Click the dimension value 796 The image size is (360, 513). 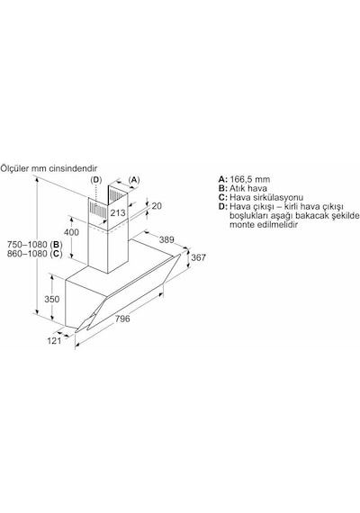[x=122, y=319]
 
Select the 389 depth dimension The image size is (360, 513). [x=166, y=239]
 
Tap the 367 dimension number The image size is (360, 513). [x=198, y=257]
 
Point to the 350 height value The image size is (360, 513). [x=52, y=299]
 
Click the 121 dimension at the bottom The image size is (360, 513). [x=54, y=341]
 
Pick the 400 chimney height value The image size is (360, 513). [x=71, y=232]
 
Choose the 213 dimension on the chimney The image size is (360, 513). [x=118, y=213]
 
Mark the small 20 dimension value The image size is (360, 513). [x=157, y=206]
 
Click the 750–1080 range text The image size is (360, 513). [x=28, y=245]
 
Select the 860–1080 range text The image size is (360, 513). [x=28, y=254]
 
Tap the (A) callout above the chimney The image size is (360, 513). [x=134, y=180]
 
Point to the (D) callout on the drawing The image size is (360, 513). [x=96, y=180]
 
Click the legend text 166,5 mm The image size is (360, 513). [x=249, y=179]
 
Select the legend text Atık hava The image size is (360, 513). [x=248, y=188]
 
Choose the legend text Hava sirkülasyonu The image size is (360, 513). [x=266, y=198]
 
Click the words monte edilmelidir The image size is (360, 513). [x=264, y=225]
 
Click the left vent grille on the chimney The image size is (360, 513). [x=96, y=210]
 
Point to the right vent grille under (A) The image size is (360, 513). [x=115, y=194]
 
